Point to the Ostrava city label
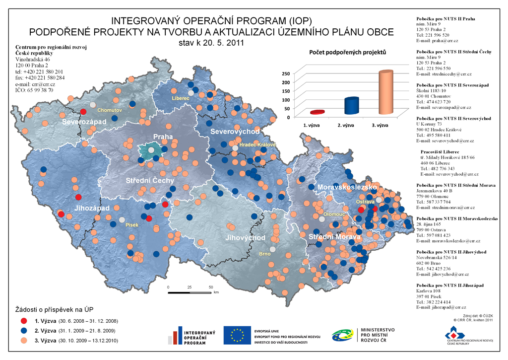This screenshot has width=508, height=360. pyautogui.click(x=366, y=202)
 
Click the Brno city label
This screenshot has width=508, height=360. pyautogui.click(x=264, y=254)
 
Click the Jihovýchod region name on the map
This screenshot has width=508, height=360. pyautogui.click(x=245, y=238)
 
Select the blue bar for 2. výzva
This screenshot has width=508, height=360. pyautogui.click(x=351, y=106)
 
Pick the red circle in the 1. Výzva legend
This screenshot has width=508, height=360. pyautogui.click(x=23, y=321)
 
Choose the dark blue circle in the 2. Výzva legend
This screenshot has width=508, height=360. pyautogui.click(x=23, y=331)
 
